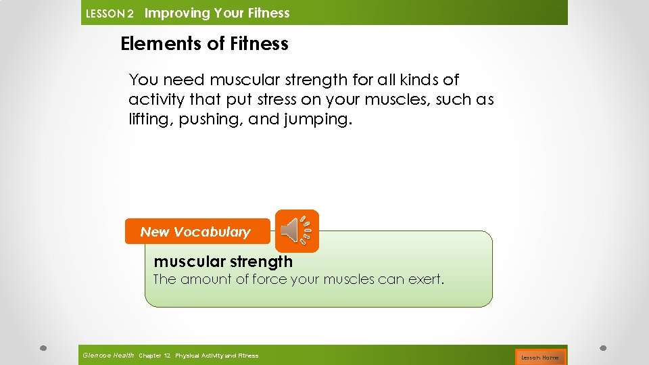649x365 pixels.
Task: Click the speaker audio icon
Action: pos(297,231)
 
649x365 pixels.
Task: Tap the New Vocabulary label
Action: pos(195,232)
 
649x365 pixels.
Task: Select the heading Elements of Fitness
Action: pos(204,44)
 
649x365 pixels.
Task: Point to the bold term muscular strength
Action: pos(223,262)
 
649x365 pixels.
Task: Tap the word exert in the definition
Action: pos(425,279)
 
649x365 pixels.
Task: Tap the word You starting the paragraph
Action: pos(143,80)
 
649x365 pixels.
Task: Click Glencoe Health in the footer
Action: pos(108,356)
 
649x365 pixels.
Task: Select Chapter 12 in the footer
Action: pos(155,356)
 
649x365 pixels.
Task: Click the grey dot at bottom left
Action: pos(43,349)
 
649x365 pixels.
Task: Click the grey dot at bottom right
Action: pos(603,349)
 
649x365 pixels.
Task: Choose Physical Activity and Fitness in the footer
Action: pos(216,356)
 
